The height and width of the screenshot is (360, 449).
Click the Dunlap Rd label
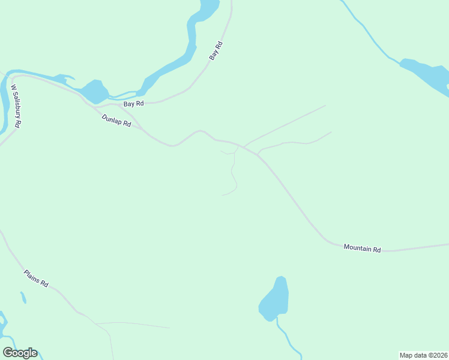pyautogui.click(x=116, y=121)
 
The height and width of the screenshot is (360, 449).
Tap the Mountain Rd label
pyautogui.click(x=362, y=248)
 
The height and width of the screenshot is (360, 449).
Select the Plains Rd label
pyautogui.click(x=36, y=278)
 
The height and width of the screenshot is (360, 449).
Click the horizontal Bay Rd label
pyautogui.click(x=133, y=104)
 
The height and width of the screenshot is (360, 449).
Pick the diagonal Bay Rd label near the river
pyautogui.click(x=216, y=50)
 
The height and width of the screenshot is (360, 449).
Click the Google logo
pyautogui.click(x=20, y=353)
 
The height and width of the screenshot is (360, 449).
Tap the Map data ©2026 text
pyautogui.click(x=424, y=355)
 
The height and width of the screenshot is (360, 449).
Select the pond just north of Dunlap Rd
pyautogui.click(x=94, y=92)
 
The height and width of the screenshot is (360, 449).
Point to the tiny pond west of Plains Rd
pyautogui.click(x=23, y=298)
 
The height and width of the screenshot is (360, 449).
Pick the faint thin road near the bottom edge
pyautogui.click(x=138, y=325)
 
